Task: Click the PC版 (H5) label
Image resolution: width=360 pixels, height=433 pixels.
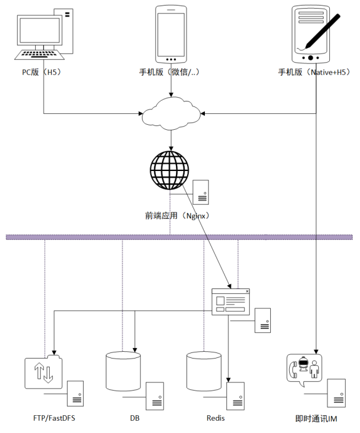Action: [x=42, y=72]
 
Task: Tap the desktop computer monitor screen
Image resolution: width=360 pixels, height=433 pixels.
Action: [x=40, y=30]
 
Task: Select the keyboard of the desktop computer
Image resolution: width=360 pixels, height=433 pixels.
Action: [x=39, y=54]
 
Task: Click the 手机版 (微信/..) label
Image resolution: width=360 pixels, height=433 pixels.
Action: [x=169, y=72]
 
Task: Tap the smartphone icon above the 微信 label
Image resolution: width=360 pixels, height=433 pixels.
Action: [x=171, y=34]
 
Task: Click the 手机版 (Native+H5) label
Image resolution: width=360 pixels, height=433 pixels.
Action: [x=314, y=72]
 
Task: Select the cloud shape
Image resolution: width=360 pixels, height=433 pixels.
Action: [x=171, y=114]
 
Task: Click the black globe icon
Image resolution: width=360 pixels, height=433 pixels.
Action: [x=169, y=170]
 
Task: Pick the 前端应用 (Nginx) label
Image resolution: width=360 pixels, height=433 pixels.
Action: [x=177, y=216]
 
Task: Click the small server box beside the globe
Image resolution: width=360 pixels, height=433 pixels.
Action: [x=201, y=192]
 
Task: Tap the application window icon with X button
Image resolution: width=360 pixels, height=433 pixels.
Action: [x=231, y=302]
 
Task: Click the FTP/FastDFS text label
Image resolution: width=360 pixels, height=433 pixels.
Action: [x=54, y=418]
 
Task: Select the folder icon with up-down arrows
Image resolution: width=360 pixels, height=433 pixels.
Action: [x=44, y=371]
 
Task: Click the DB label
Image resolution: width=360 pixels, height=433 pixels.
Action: [x=135, y=418]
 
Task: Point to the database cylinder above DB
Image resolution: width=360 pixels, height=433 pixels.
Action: [x=123, y=371]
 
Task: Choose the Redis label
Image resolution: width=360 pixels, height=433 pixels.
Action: [x=215, y=418]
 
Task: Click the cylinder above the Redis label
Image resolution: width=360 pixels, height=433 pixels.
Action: [x=204, y=371]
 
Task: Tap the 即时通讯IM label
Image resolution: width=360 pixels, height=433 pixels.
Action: [x=316, y=419]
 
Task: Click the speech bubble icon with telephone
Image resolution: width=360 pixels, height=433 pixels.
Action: [x=304, y=370]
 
